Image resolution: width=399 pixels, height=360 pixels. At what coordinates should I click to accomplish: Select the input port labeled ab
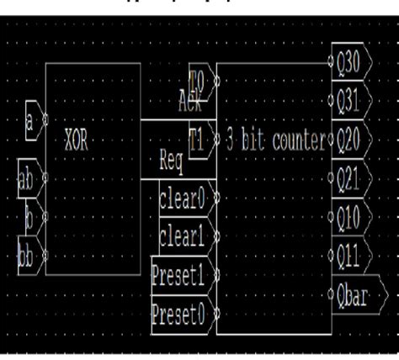pyautogui.click(x=28, y=177)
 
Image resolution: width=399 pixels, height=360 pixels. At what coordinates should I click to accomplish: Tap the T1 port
pyautogui.click(x=197, y=140)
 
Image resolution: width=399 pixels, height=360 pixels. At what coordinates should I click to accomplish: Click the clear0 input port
pyautogui.click(x=182, y=201)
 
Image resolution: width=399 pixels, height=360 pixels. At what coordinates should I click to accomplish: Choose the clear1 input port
pyautogui.click(x=182, y=237)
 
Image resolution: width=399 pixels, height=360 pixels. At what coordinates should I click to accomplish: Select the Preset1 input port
pyautogui.click(x=178, y=274)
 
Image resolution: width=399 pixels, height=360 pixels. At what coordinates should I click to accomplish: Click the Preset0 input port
pyautogui.click(x=178, y=315)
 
